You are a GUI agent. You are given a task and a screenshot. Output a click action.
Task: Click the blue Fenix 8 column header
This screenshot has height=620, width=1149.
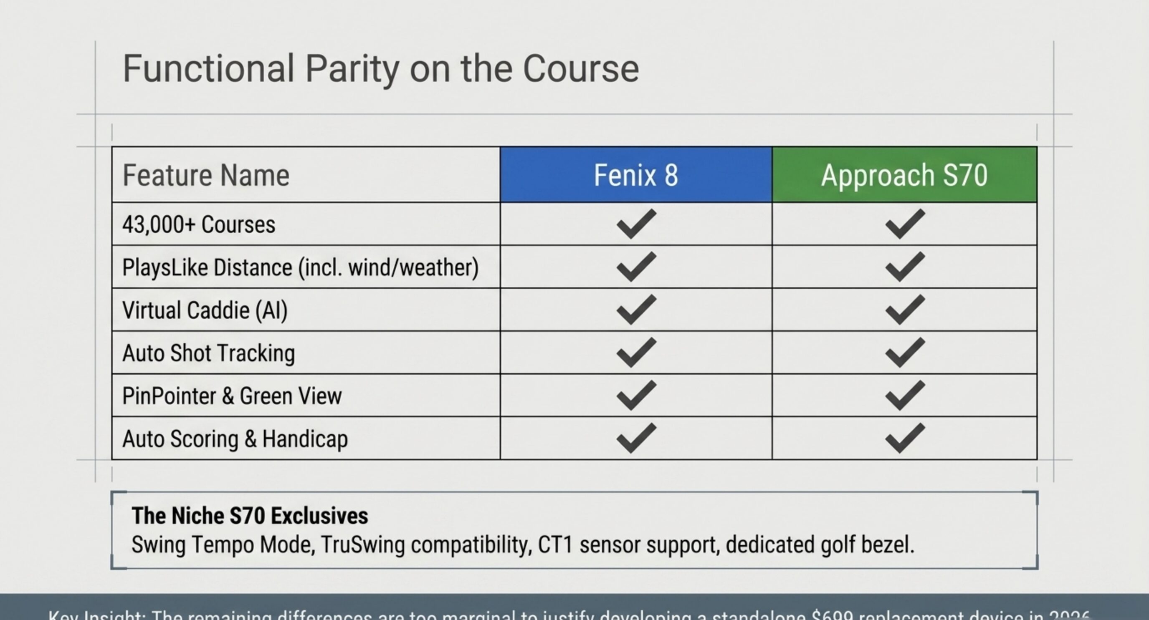click(x=635, y=175)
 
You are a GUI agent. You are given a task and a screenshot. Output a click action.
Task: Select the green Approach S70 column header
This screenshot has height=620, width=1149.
click(x=904, y=175)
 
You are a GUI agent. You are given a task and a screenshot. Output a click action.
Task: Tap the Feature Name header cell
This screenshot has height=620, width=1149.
click(x=206, y=175)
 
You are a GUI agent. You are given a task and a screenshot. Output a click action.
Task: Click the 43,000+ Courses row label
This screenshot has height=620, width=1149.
click(x=199, y=224)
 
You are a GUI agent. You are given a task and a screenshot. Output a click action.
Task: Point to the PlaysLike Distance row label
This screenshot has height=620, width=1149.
click(x=300, y=267)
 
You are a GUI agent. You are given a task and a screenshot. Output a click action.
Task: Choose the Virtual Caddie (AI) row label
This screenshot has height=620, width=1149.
click(x=205, y=310)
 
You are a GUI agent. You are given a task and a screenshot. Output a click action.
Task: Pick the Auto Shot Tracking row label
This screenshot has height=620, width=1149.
click(x=208, y=353)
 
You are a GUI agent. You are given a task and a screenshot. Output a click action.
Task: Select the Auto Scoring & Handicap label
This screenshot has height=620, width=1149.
click(x=235, y=439)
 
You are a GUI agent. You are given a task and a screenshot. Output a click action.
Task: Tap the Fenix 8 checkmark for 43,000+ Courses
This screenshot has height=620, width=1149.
click(x=636, y=223)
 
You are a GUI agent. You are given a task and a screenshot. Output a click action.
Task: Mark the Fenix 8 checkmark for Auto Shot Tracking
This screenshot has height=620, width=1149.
click(x=636, y=352)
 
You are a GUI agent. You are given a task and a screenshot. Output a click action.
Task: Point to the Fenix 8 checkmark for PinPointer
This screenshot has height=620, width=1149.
click(x=636, y=395)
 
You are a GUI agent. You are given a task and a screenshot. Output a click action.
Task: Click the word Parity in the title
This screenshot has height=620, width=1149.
click(x=352, y=69)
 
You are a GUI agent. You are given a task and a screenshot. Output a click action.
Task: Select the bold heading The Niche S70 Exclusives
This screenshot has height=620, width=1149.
click(x=250, y=516)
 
